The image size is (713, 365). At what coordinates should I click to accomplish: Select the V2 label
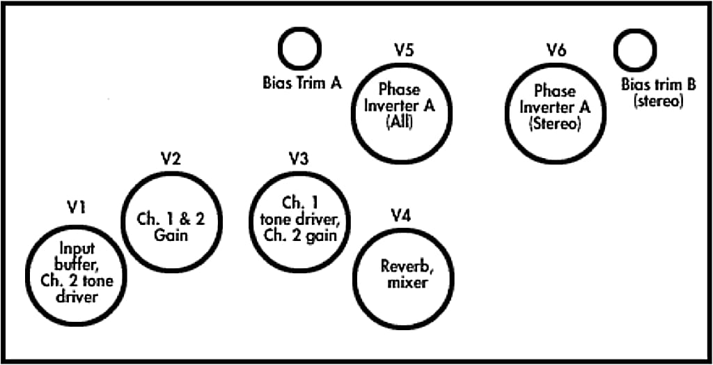[171, 158]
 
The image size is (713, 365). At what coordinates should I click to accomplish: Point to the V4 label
[400, 215]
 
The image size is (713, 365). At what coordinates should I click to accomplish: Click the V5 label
[404, 51]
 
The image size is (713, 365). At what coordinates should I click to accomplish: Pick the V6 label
[556, 51]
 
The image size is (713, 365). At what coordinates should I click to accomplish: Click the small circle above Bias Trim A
[300, 48]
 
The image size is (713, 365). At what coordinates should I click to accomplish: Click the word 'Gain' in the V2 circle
[172, 235]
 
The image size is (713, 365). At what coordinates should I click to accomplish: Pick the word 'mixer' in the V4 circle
[404, 283]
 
